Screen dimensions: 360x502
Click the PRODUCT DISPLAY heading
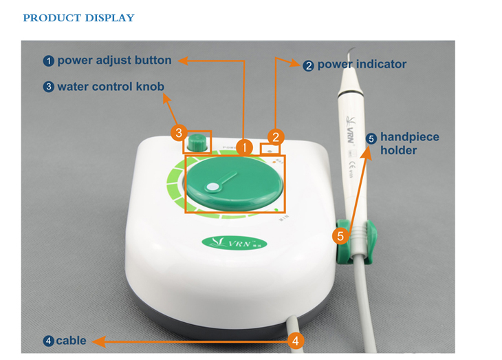[x=78, y=18]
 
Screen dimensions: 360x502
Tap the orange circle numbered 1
[x=243, y=146]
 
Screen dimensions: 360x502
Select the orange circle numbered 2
[x=276, y=137]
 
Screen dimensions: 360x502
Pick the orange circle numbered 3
[x=178, y=131]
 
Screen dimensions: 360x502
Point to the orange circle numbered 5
[x=340, y=236]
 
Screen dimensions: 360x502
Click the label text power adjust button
[x=114, y=61]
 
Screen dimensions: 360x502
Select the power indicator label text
[x=362, y=65]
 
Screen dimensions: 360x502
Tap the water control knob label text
[x=110, y=87]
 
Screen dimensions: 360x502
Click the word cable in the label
[x=71, y=340]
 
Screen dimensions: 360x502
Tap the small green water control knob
[x=198, y=142]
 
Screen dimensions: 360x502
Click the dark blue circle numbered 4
[x=48, y=341]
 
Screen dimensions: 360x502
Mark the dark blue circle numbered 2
[x=309, y=65]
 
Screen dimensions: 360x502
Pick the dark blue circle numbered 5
[x=371, y=138]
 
